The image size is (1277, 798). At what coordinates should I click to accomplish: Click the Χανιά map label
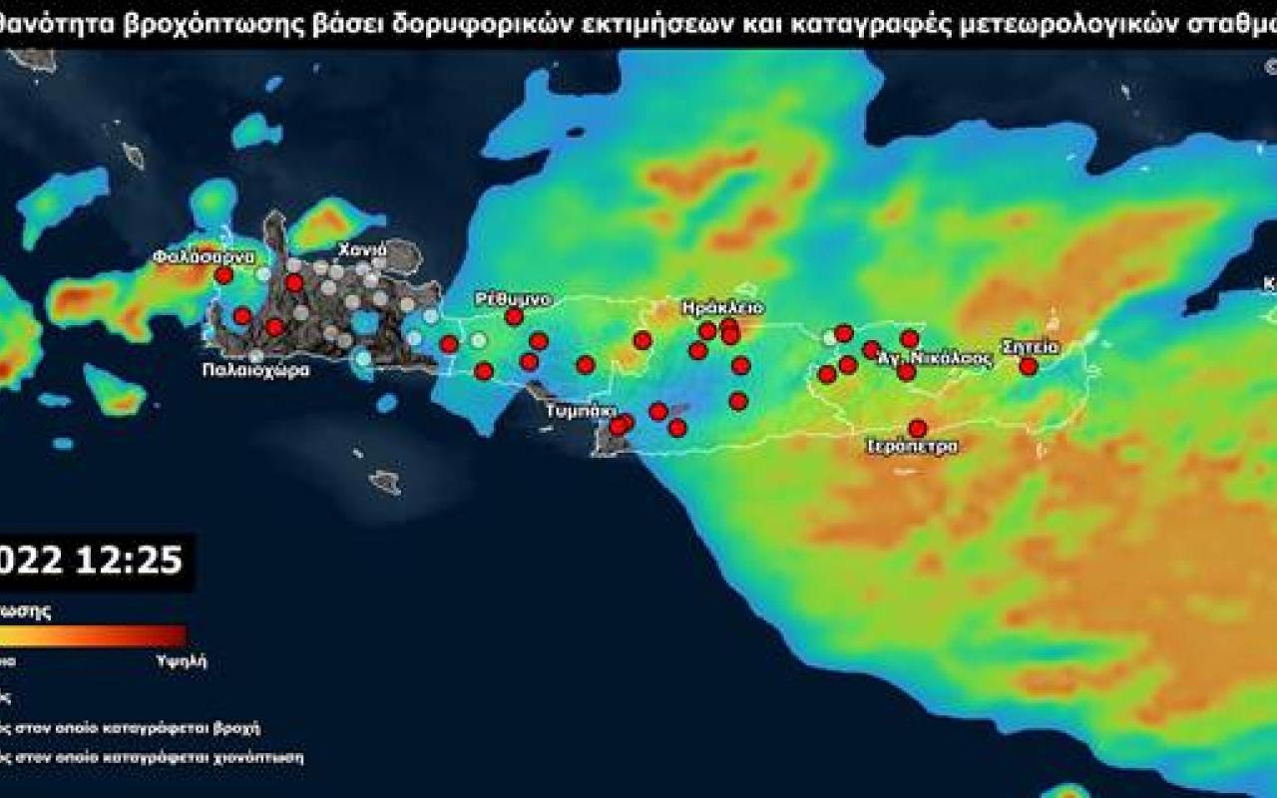click(x=356, y=249)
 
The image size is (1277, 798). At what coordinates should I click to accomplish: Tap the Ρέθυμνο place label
click(x=513, y=298)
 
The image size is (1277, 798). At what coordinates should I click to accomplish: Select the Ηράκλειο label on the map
click(x=722, y=307)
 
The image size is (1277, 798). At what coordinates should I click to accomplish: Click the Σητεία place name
click(x=1032, y=347)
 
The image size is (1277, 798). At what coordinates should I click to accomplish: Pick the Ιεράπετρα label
click(x=913, y=446)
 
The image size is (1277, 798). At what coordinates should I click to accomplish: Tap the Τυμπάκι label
click(x=581, y=411)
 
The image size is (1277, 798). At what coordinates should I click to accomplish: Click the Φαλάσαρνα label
click(x=198, y=256)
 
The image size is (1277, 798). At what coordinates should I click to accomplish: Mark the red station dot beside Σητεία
click(x=1029, y=366)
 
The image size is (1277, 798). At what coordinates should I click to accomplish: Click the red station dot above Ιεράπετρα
click(x=917, y=428)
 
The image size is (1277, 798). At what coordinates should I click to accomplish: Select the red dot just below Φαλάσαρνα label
click(x=223, y=275)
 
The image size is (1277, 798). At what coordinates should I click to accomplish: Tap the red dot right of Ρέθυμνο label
click(x=514, y=316)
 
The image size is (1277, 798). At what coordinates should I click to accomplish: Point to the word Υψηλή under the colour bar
click(x=183, y=661)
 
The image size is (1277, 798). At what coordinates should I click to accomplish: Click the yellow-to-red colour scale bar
click(x=95, y=635)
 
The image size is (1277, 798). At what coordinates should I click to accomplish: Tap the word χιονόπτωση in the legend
click(x=254, y=757)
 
